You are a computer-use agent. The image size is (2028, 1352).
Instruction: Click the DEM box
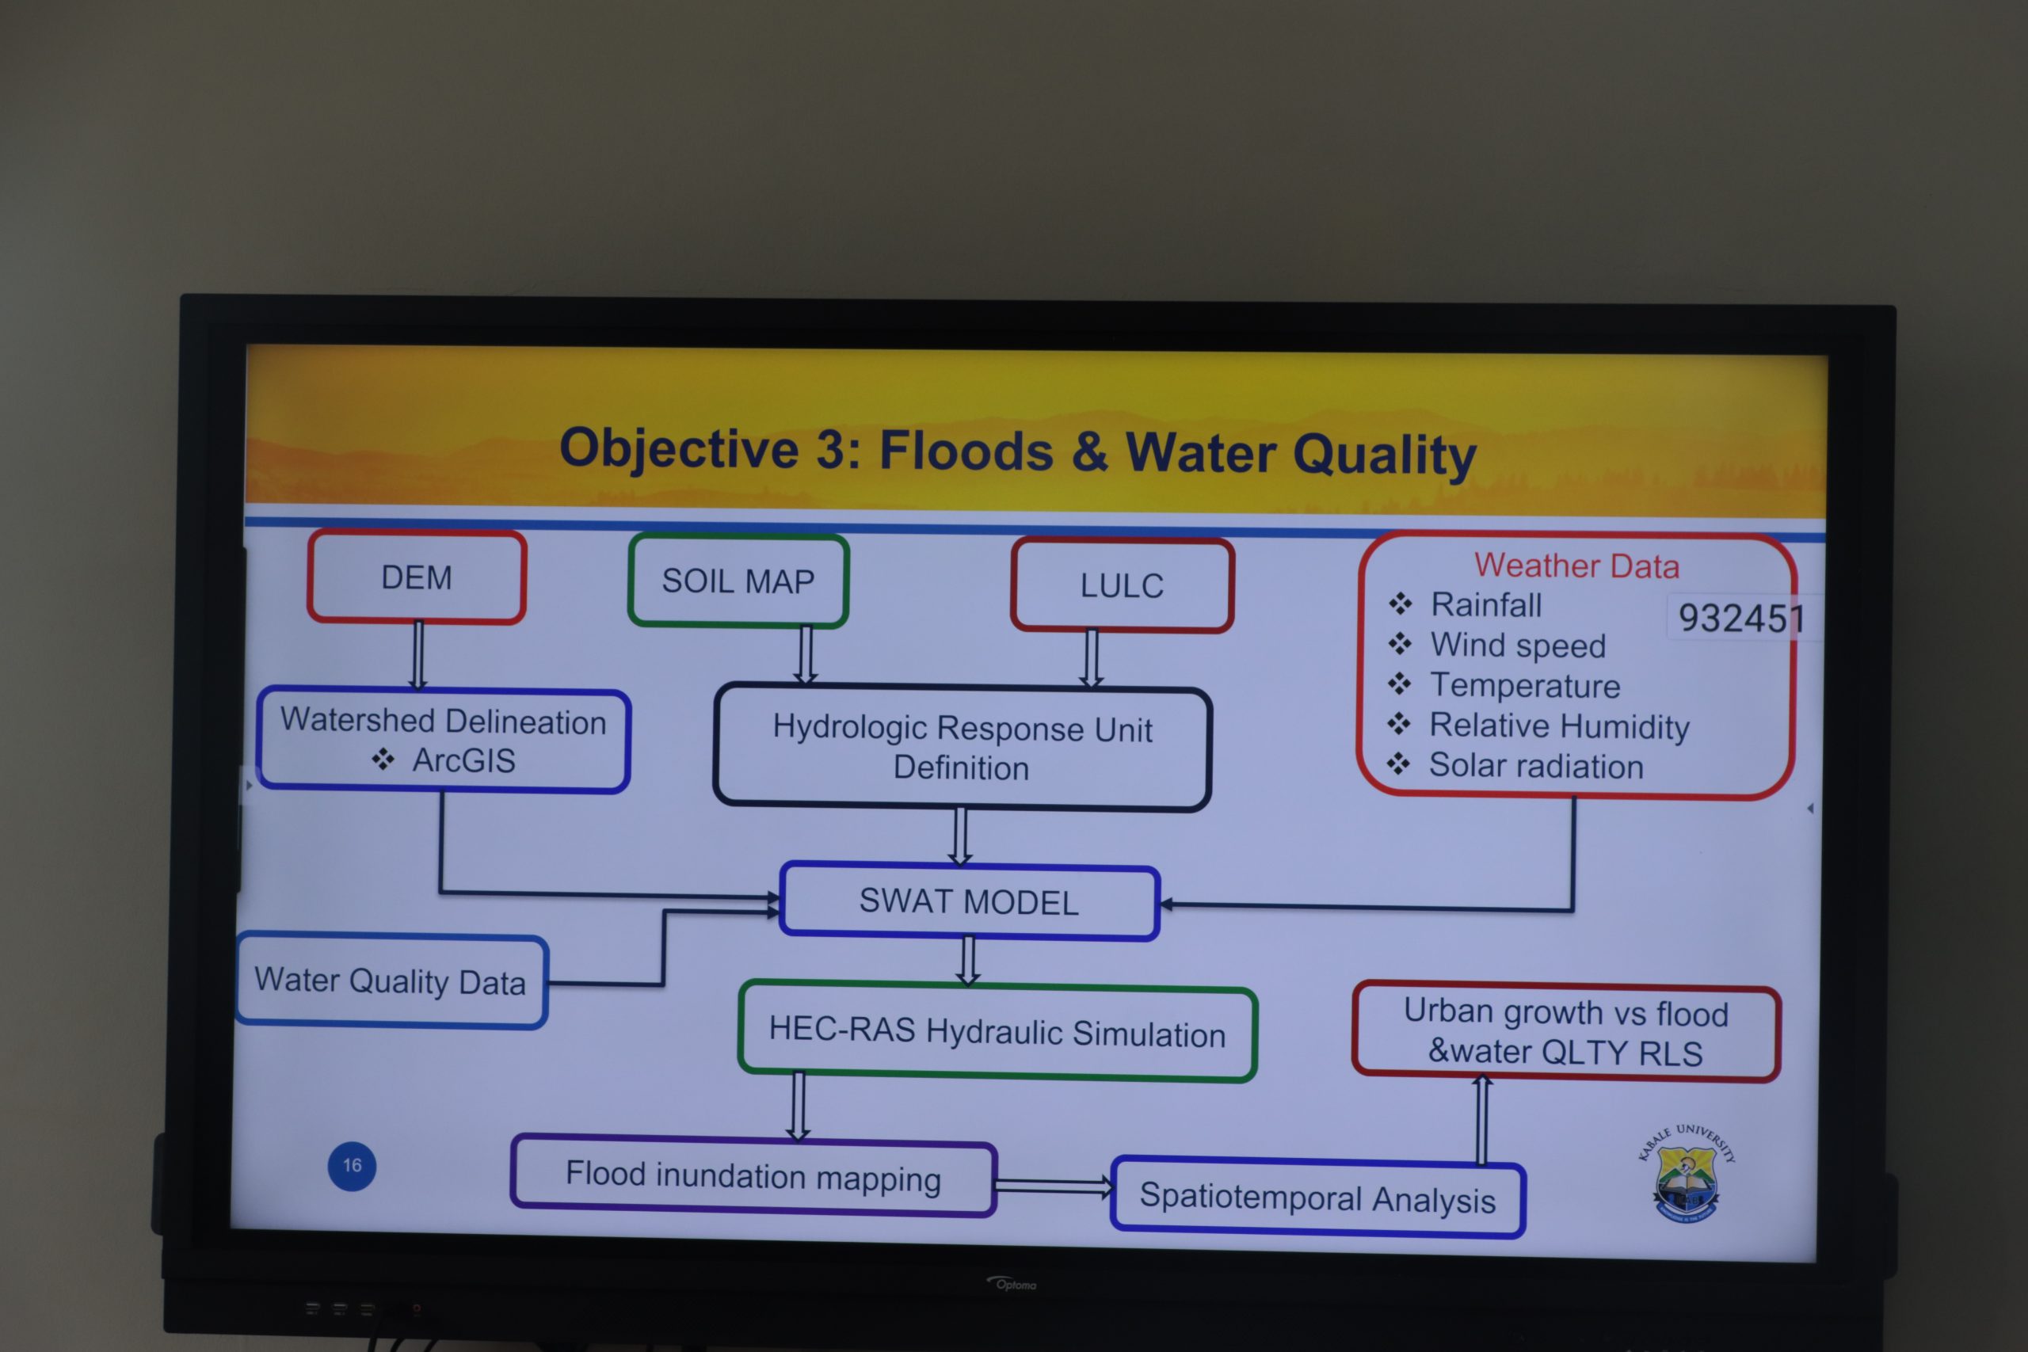417,577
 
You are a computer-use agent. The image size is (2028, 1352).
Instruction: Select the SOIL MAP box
738,581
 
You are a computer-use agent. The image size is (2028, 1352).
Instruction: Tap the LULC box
1122,585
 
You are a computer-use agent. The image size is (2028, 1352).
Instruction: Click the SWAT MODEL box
969,902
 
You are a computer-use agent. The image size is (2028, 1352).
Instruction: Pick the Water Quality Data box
391,981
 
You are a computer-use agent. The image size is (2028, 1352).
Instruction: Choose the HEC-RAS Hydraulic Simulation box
997,1032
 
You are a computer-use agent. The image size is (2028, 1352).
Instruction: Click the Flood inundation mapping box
753,1176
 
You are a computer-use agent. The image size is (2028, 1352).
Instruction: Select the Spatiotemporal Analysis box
1317,1198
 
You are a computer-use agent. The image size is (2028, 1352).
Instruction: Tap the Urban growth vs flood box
1566,1032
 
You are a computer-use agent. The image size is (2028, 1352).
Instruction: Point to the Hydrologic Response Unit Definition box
963,748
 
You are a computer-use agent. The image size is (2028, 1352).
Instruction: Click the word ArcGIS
464,760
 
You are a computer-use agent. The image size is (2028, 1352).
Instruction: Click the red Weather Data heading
1576,566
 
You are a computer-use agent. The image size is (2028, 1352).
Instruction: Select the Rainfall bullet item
1465,604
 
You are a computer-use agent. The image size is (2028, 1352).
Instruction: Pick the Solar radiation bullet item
1515,766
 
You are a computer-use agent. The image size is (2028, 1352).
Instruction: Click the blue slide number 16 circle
352,1166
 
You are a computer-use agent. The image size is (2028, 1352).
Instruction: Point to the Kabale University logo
1686,1173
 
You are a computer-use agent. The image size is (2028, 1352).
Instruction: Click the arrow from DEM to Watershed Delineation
418,655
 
